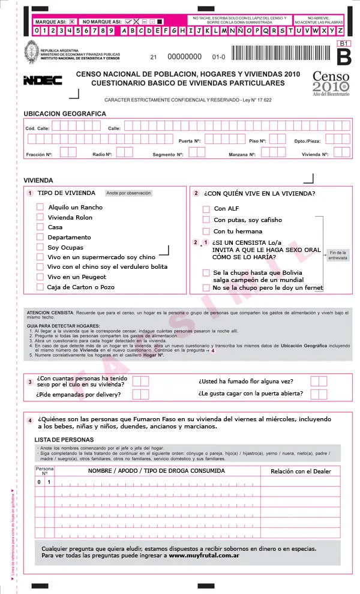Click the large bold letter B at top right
pos(344,57)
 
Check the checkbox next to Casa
pos(40,227)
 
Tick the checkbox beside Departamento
pos(40,238)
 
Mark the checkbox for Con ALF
pos(206,209)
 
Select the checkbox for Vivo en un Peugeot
pos(40,277)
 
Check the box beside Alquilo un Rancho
pos(40,207)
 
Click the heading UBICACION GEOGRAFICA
pos(65,113)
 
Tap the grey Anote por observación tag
pos(128,193)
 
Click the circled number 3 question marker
pos(30,382)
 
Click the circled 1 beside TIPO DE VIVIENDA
pos(30,193)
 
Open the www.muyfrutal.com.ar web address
pos(205,556)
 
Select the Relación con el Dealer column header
pos(301,471)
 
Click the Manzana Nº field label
pos(242,154)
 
